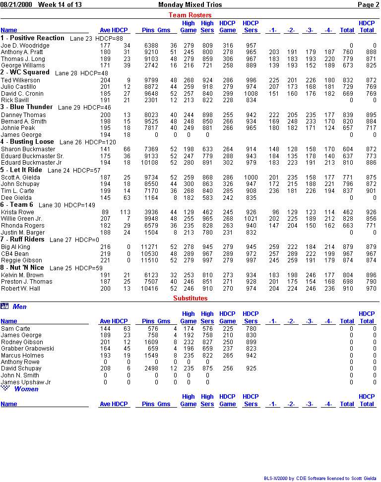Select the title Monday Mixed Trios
(190, 4)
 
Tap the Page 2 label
(368, 4)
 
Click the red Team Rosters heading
(190, 15)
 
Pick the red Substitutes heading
(190, 299)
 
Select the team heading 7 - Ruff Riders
(23, 240)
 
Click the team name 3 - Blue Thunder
(26, 107)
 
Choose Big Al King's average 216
(105, 247)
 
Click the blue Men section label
(20, 307)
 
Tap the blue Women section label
(26, 389)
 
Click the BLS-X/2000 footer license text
(321, 479)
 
